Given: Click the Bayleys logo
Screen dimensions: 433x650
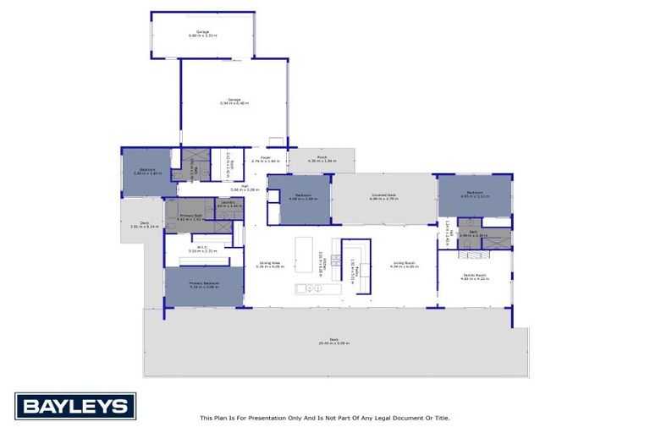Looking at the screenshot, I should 75,406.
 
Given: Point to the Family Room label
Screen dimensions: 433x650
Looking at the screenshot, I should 474,277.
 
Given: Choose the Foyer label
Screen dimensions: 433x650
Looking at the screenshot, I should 265,157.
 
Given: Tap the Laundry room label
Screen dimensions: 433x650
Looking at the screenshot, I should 228,202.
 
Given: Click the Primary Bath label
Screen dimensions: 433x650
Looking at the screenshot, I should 190,216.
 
